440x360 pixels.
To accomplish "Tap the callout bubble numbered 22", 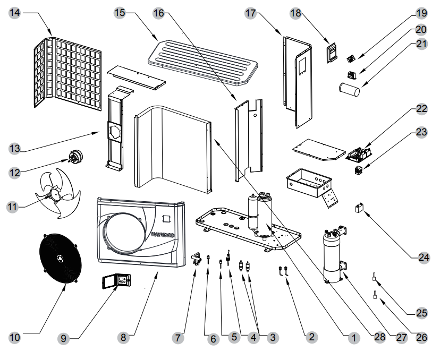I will pos(421,109).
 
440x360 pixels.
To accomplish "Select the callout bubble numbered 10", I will pos(14,337).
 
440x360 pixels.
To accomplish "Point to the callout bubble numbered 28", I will pos(379,337).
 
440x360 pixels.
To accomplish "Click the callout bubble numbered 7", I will pos(180,337).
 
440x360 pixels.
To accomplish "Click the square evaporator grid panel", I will pos(66,72).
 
